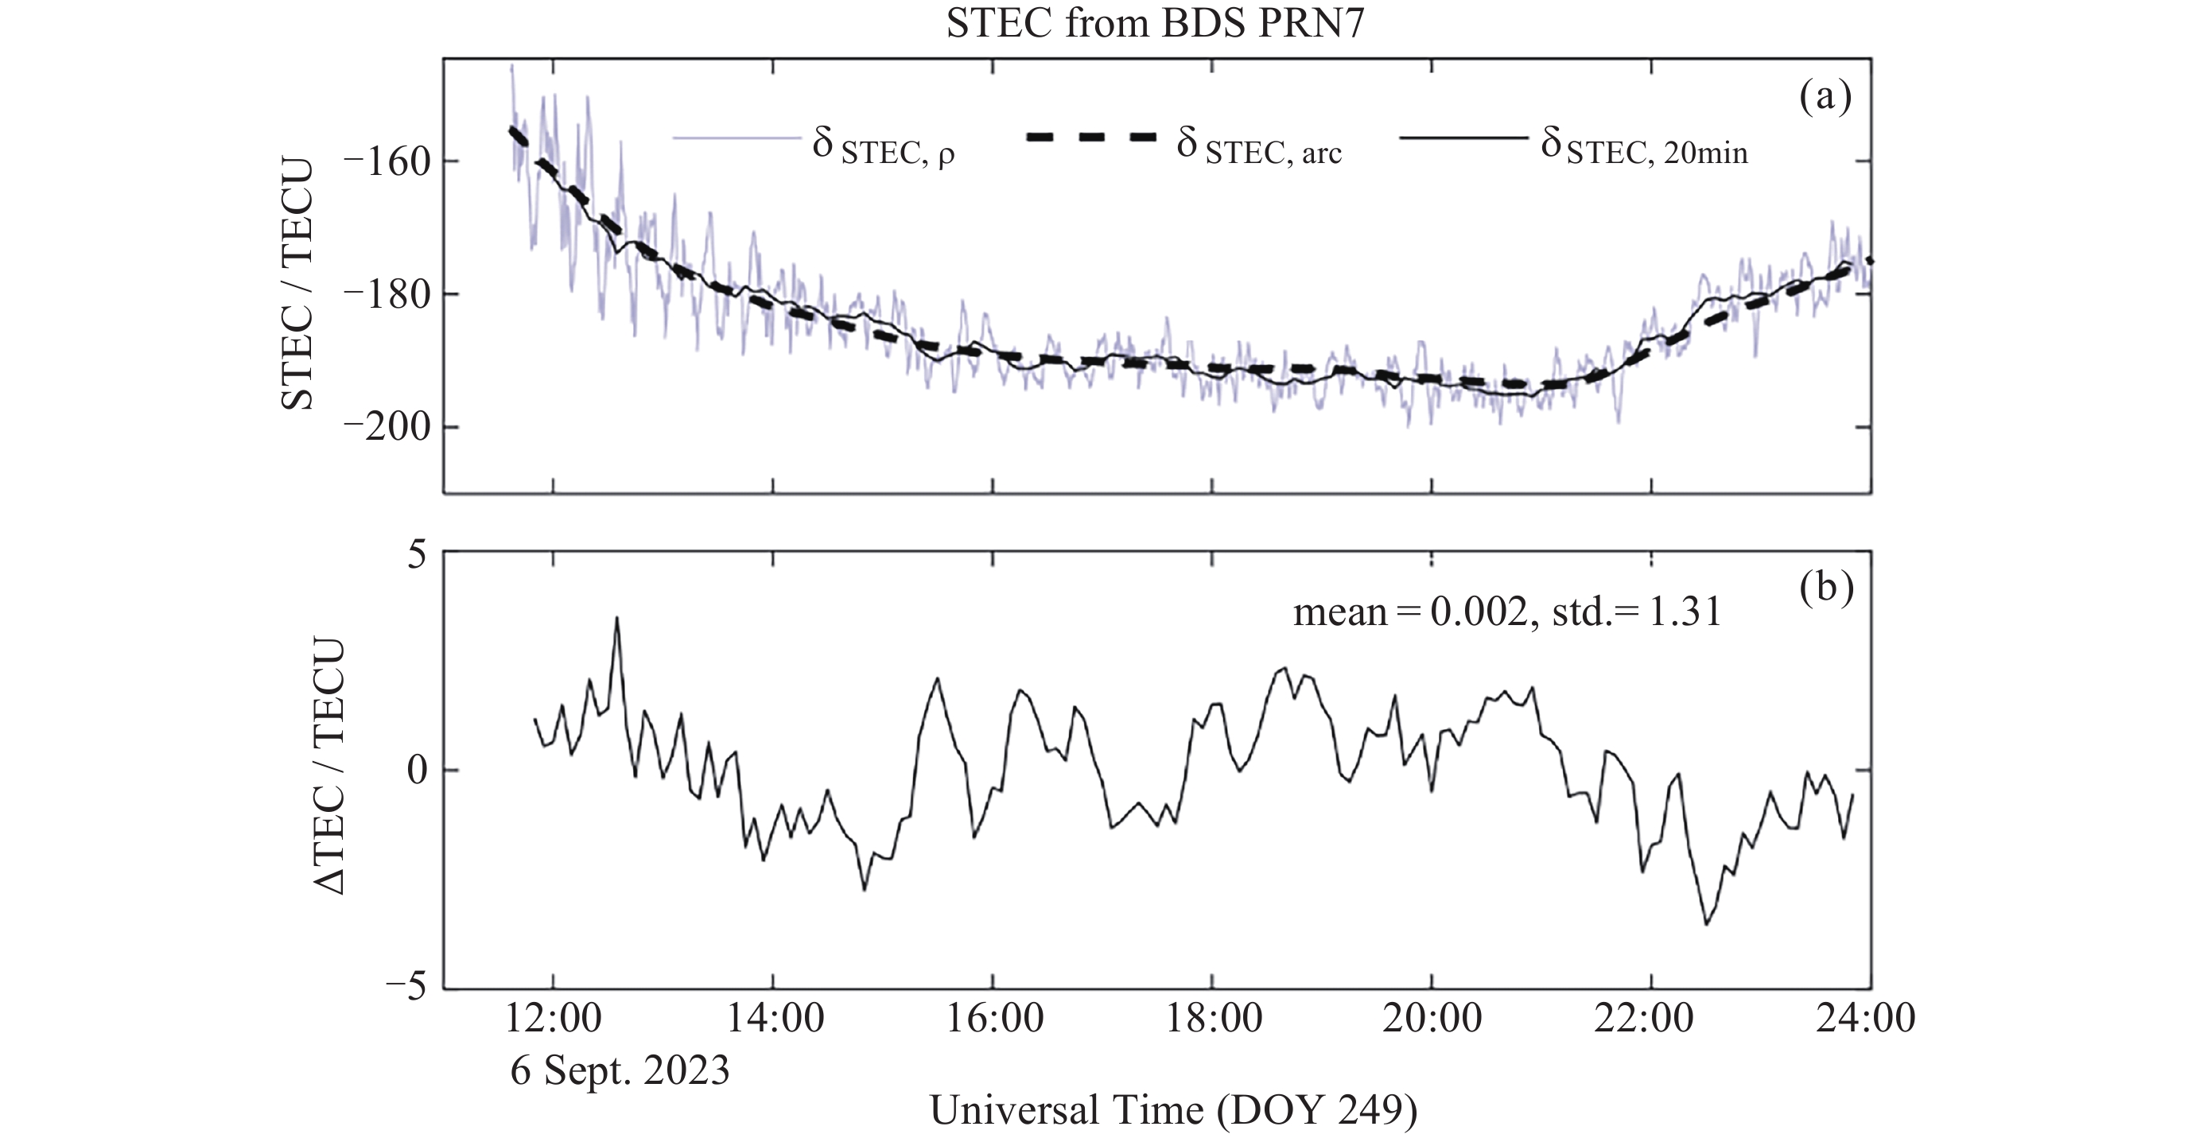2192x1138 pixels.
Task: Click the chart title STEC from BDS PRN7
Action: pyautogui.click(x=1155, y=23)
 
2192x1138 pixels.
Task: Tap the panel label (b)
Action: pyautogui.click(x=1826, y=588)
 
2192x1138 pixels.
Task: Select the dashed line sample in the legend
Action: pyautogui.click(x=1092, y=137)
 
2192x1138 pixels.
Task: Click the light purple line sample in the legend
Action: pyautogui.click(x=737, y=137)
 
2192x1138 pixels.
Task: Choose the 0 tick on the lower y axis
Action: pyautogui.click(x=416, y=771)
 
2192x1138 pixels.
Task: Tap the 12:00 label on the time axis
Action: pyautogui.click(x=554, y=1018)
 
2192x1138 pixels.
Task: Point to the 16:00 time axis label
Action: pyautogui.click(x=994, y=1018)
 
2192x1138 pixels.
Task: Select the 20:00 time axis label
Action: pyautogui.click(x=1432, y=1018)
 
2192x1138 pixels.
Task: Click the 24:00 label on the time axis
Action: pyautogui.click(x=1865, y=1018)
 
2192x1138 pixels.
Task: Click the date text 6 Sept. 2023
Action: pyautogui.click(x=620, y=1070)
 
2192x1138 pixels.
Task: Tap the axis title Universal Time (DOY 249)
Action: pyautogui.click(x=1173, y=1111)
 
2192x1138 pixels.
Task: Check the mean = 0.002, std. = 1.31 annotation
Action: pyautogui.click(x=1507, y=612)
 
